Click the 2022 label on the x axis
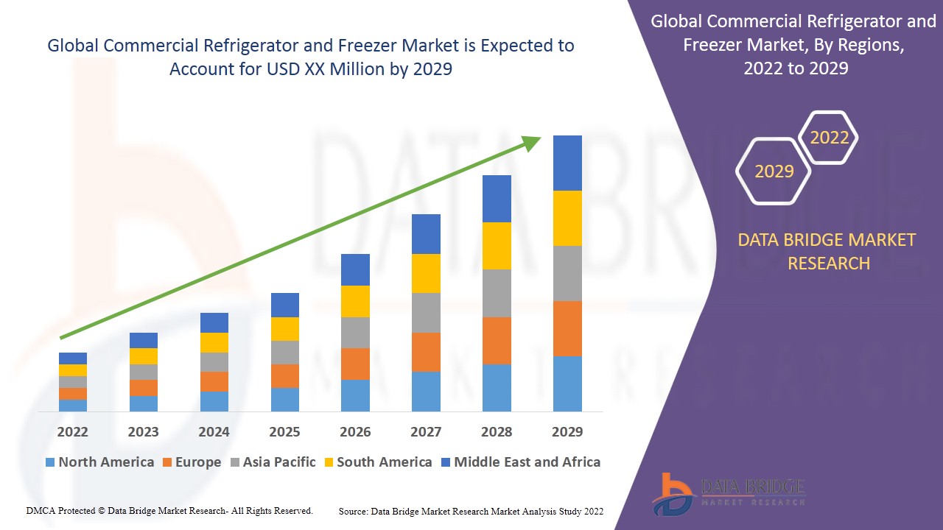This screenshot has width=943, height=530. tap(73, 431)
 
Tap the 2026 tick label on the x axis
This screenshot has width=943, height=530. tap(355, 431)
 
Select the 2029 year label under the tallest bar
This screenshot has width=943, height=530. tap(567, 431)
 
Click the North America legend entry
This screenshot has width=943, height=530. tap(99, 462)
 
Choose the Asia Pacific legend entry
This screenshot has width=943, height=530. tap(273, 462)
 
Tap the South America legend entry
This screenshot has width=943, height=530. tap(376, 462)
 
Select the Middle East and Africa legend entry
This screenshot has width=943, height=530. tap(520, 462)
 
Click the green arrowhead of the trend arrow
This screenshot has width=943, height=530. tap(532, 142)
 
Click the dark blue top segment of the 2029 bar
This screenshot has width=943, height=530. tap(567, 163)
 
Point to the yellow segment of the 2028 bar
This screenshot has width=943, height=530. tap(497, 245)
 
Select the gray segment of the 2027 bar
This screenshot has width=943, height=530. tap(426, 313)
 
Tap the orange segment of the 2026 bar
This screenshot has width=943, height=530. tap(355, 364)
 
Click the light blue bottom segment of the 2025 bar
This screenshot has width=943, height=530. tap(284, 399)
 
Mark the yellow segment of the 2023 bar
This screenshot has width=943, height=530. tap(144, 356)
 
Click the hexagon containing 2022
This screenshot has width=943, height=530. tap(829, 138)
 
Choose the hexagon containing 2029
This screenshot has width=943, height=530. tap(774, 172)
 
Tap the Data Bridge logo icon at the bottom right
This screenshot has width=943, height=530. tap(673, 493)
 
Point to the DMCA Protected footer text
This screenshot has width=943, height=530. tap(169, 510)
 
